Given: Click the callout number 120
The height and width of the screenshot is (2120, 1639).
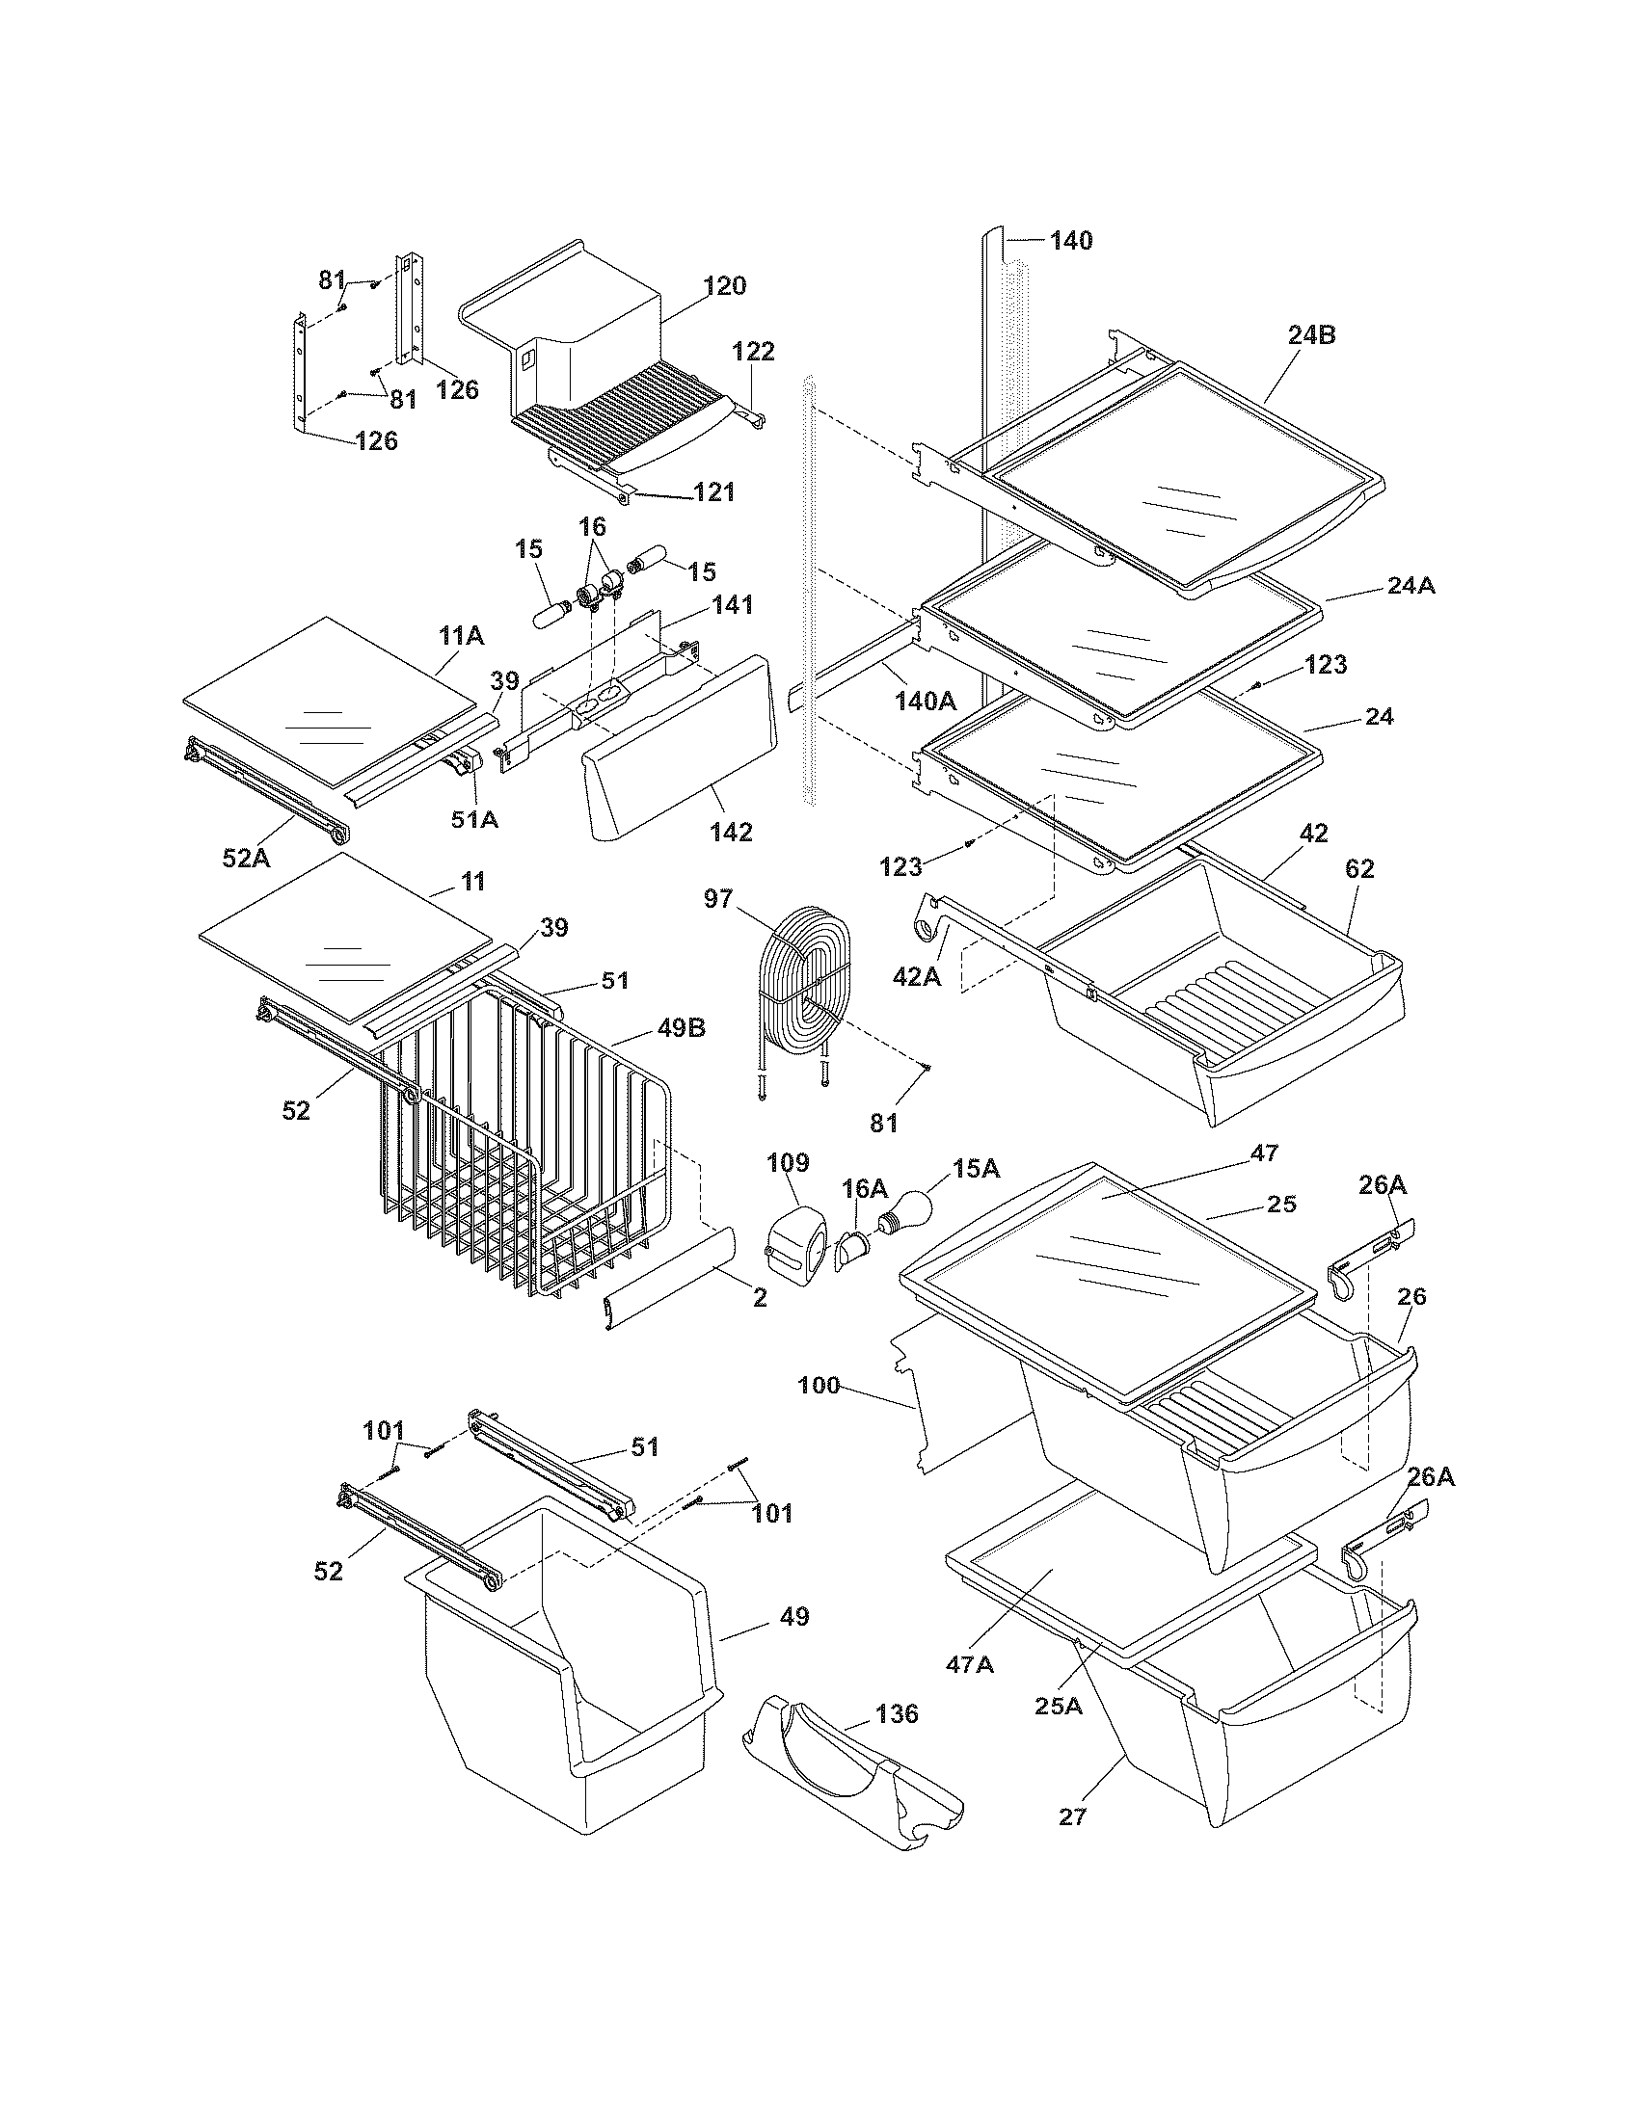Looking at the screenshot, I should tap(724, 286).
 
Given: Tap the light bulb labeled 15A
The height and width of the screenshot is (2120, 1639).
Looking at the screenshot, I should tap(907, 1211).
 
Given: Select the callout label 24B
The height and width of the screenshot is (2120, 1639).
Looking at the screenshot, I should tap(1312, 335).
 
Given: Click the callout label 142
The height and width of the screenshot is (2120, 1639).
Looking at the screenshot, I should tap(730, 832).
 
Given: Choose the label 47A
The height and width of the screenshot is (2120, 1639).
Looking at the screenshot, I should tap(970, 1665).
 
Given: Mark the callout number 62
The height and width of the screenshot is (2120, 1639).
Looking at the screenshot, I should tap(1359, 869).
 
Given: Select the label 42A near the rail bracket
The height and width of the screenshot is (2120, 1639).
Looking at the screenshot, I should tap(917, 977).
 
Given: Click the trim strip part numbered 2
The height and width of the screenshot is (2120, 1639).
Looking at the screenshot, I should tap(669, 1270).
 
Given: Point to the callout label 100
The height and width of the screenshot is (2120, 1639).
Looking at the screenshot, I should tap(819, 1386).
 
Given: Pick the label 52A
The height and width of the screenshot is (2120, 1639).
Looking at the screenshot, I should tap(245, 857).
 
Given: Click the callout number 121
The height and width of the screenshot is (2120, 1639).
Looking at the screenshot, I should tap(713, 492).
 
